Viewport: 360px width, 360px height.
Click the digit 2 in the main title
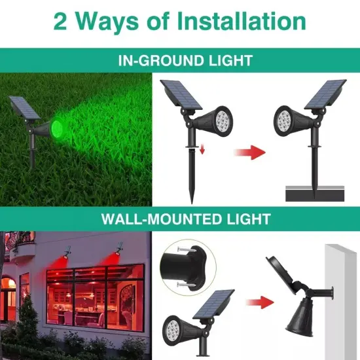point(63,21)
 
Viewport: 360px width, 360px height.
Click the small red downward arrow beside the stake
point(203,150)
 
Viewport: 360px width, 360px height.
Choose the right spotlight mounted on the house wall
point(120,249)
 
